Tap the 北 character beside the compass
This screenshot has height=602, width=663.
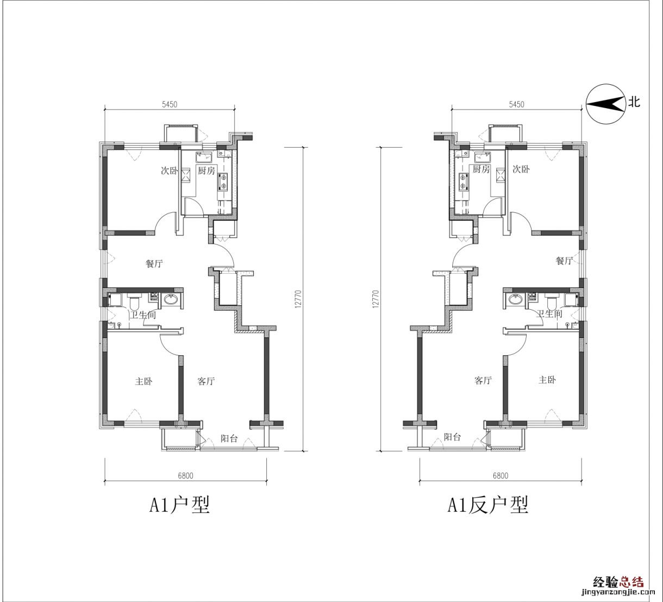point(634,102)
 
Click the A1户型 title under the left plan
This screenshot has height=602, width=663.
point(179,505)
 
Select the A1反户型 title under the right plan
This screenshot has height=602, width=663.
point(488,505)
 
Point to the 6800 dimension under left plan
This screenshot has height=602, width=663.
point(185,476)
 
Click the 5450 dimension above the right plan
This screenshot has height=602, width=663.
point(517,104)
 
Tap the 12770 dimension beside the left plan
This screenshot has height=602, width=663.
point(298,299)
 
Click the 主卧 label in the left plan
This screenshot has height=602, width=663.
point(144,381)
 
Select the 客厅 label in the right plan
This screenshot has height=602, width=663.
point(483,380)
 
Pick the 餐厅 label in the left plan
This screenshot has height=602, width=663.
point(154,264)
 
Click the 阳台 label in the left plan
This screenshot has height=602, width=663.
point(229,438)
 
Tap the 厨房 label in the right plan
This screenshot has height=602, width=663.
point(481,169)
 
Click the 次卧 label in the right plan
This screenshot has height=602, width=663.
point(521,169)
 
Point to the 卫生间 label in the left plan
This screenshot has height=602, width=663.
point(142,315)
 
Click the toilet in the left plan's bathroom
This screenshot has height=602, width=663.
point(134,300)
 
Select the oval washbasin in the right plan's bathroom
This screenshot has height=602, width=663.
point(515,299)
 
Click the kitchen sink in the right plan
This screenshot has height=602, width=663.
point(483,158)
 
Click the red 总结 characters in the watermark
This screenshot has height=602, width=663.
point(631,581)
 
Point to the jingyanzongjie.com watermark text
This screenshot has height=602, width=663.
point(618,592)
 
